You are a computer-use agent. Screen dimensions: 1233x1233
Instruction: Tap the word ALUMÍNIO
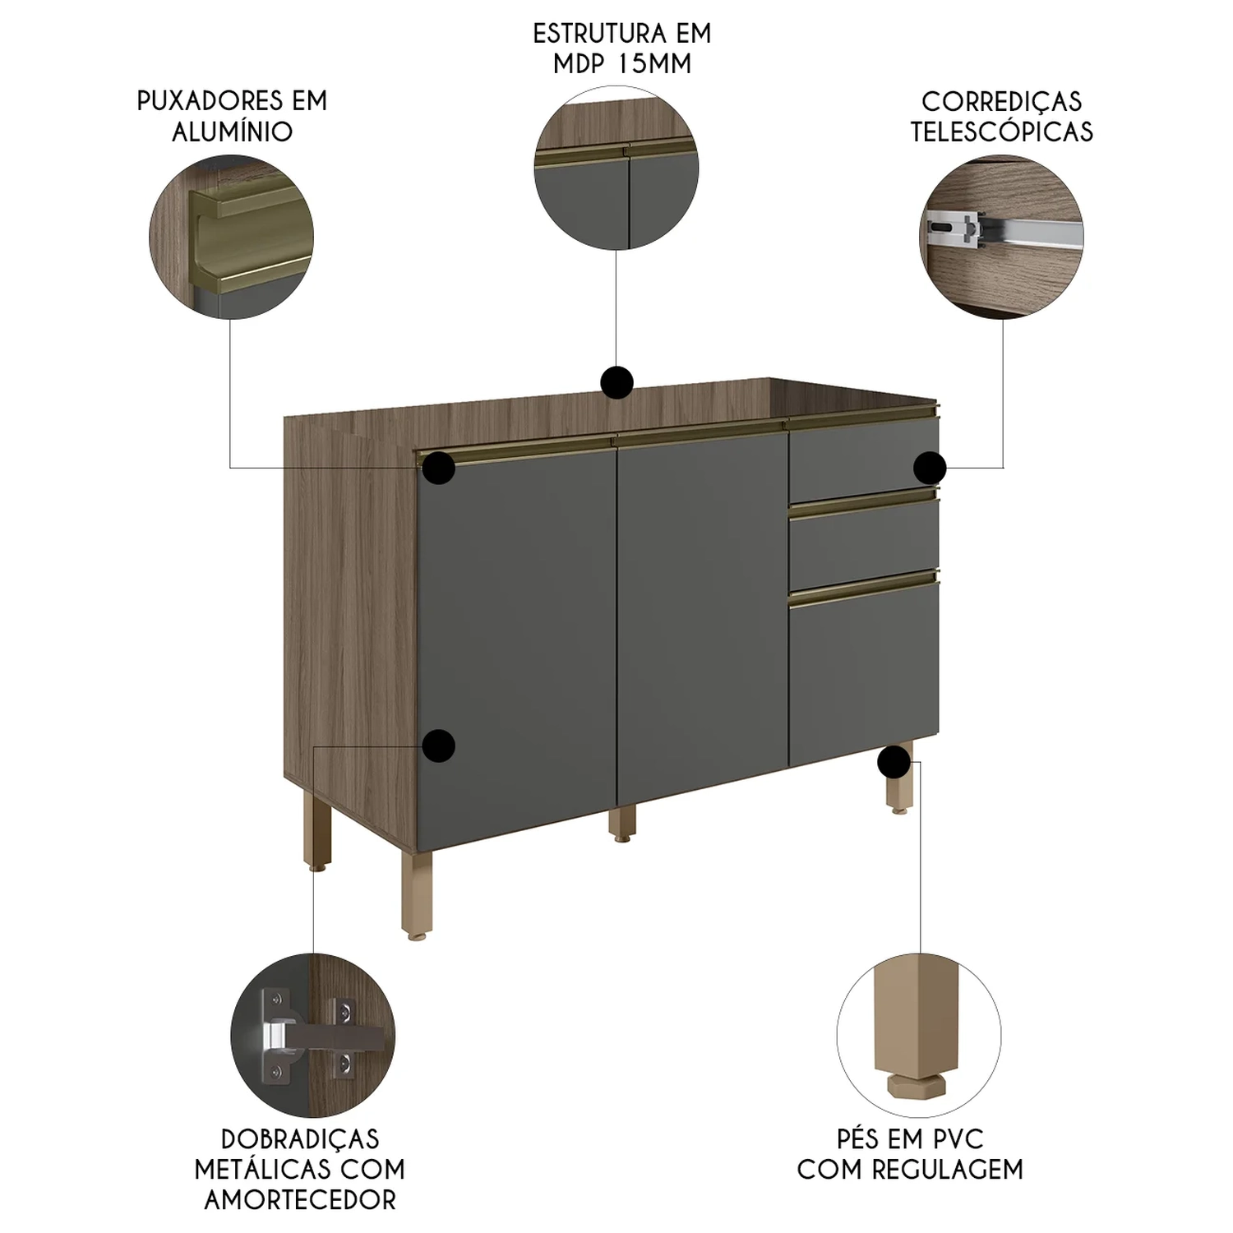pyautogui.click(x=233, y=132)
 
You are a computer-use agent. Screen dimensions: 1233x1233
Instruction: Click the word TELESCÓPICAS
pyautogui.click(x=1002, y=132)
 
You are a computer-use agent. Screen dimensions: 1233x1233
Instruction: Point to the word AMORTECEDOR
pyautogui.click(x=300, y=1199)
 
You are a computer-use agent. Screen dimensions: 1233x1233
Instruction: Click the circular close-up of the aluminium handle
pyautogui.click(x=231, y=237)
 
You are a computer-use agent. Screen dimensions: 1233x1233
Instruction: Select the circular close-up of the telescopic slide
pyautogui.click(x=1001, y=237)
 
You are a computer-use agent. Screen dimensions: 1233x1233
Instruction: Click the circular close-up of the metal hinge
pyautogui.click(x=312, y=1037)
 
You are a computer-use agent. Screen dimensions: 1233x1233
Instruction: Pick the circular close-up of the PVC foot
pyautogui.click(x=919, y=1037)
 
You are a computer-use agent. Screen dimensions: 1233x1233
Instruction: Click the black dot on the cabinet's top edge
pyautogui.click(x=616, y=382)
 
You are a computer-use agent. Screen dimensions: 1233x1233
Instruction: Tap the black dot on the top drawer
pyautogui.click(x=930, y=468)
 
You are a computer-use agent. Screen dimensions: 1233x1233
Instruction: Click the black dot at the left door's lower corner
pyautogui.click(x=439, y=746)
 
